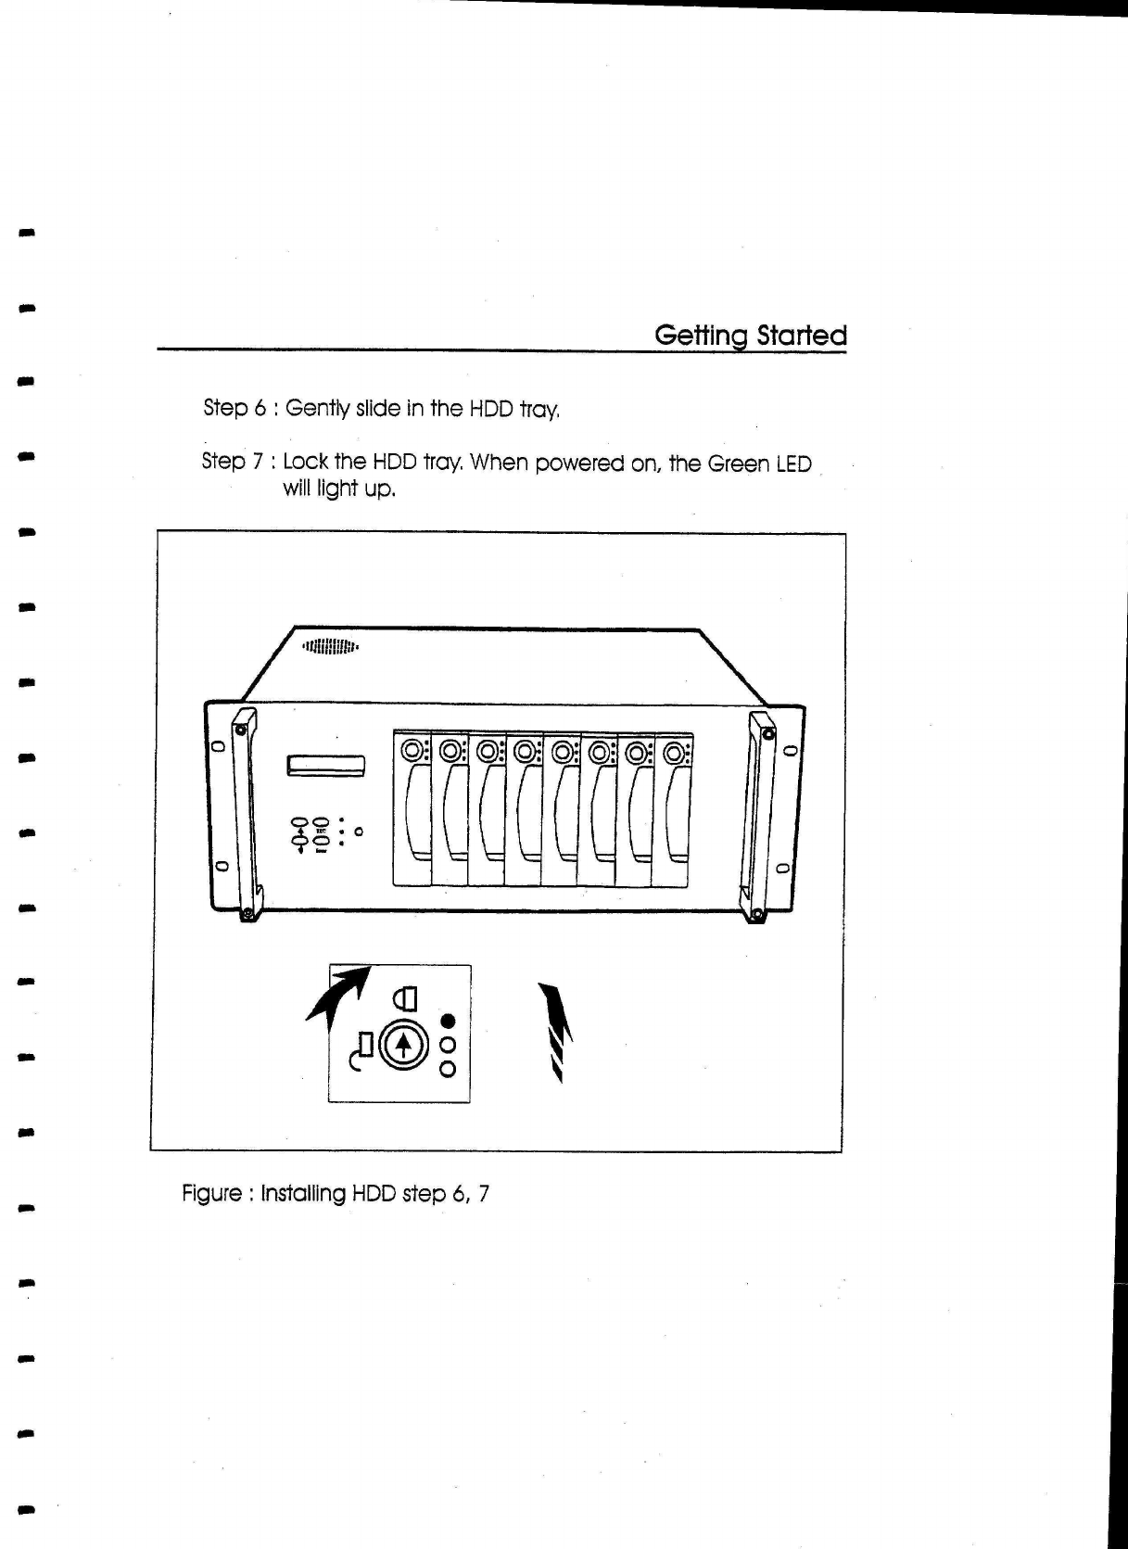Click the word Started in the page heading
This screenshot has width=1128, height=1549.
pos(802,336)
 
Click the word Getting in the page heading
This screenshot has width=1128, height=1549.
pos(702,336)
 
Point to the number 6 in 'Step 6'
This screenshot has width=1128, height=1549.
pos(261,408)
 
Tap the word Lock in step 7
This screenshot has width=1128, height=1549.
pos(304,462)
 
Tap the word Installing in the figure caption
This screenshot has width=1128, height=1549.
pos(302,1193)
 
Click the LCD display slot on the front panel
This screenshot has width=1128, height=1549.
pos(327,766)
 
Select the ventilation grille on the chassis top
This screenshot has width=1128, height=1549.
pos(331,646)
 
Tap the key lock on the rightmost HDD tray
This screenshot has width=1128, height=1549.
pos(674,752)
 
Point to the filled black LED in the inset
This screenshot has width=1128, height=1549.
pos(449,1022)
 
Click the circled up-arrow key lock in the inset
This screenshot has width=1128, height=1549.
pos(402,1045)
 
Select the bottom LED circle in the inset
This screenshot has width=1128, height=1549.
pos(449,1069)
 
